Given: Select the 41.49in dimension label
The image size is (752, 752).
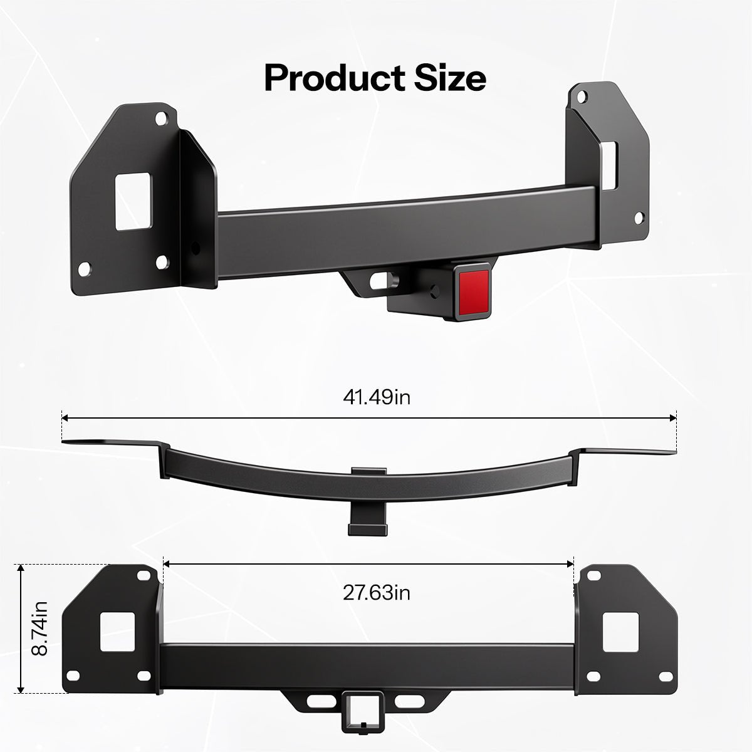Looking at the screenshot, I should tap(377, 397).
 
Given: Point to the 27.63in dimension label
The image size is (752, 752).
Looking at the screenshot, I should tap(377, 592).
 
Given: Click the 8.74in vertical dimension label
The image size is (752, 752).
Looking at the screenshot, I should tap(39, 629).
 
